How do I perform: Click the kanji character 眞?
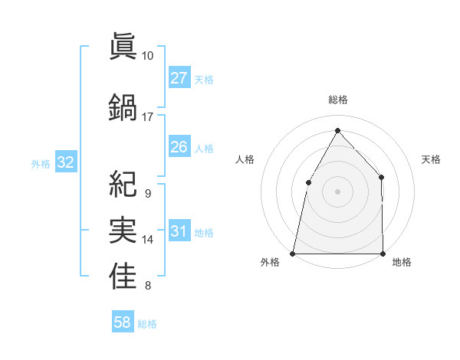(123, 46)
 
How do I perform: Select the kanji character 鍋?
(123, 106)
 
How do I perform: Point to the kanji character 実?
(123, 229)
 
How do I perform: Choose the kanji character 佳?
(123, 275)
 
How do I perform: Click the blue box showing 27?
(179, 77)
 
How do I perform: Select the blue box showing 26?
(179, 147)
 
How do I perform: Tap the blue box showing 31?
(179, 231)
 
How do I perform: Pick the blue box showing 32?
(66, 162)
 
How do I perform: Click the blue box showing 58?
(123, 322)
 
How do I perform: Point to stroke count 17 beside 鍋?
(148, 117)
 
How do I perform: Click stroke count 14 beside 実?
(148, 240)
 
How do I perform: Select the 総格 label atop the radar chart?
(337, 100)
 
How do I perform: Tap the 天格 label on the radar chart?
(431, 159)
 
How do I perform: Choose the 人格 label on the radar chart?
(245, 159)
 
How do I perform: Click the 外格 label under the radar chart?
(270, 262)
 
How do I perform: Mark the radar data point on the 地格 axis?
(383, 253)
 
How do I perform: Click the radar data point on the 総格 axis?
(337, 129)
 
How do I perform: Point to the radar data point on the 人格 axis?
(308, 182)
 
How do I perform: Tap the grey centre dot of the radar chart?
(337, 191)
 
